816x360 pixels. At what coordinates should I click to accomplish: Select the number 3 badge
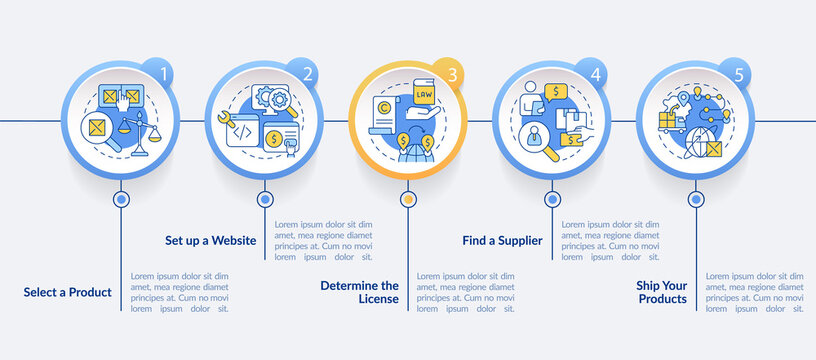click(x=451, y=73)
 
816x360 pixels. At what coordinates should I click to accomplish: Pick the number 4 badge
click(x=596, y=73)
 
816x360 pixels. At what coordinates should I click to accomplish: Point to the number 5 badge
click(x=738, y=73)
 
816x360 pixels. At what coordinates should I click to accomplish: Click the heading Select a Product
click(x=68, y=292)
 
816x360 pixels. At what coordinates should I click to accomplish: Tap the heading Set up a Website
click(x=210, y=240)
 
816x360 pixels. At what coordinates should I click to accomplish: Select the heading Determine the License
click(x=359, y=292)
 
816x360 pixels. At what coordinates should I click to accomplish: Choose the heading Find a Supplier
click(x=502, y=240)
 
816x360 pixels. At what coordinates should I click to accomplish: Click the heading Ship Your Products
click(x=661, y=292)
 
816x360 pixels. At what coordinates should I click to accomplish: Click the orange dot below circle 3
click(x=408, y=199)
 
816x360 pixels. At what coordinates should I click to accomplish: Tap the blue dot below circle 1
click(x=122, y=199)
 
